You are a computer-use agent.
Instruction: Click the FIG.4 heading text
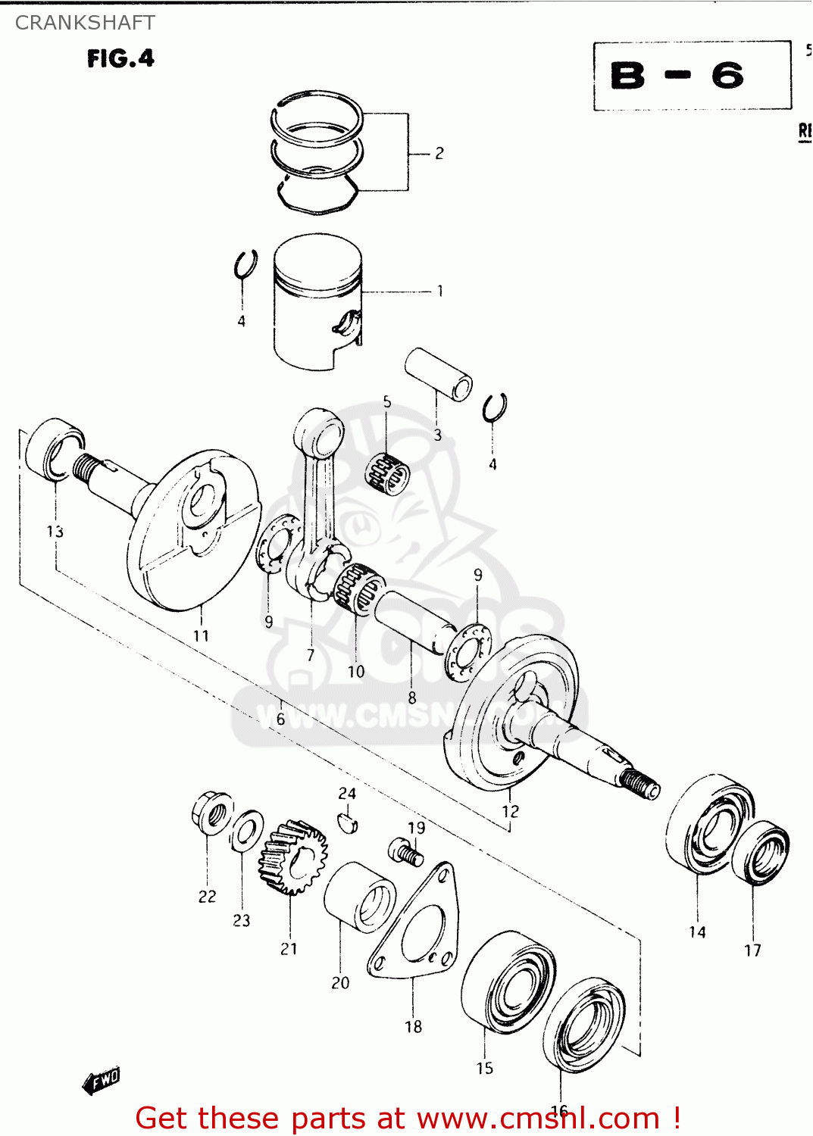click(120, 58)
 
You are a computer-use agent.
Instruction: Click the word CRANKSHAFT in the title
click(85, 23)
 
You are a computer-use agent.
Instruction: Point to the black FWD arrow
click(102, 1081)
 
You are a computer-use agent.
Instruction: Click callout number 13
click(55, 532)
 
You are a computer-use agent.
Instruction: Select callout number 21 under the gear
click(289, 949)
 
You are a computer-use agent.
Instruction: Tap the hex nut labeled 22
click(211, 813)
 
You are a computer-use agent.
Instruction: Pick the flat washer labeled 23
click(246, 831)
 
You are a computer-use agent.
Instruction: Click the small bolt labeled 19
click(406, 853)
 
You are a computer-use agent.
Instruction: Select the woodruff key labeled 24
click(347, 822)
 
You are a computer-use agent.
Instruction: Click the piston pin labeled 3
click(439, 374)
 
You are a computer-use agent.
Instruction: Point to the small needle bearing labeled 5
click(387, 473)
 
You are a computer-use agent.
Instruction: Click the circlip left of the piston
click(245, 267)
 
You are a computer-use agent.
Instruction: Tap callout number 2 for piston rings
click(439, 154)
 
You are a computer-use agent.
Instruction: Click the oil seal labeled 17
click(761, 853)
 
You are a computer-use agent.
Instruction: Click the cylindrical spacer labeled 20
click(358, 897)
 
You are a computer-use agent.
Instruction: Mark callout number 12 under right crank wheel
click(510, 811)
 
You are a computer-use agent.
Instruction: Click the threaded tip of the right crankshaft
click(640, 784)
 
